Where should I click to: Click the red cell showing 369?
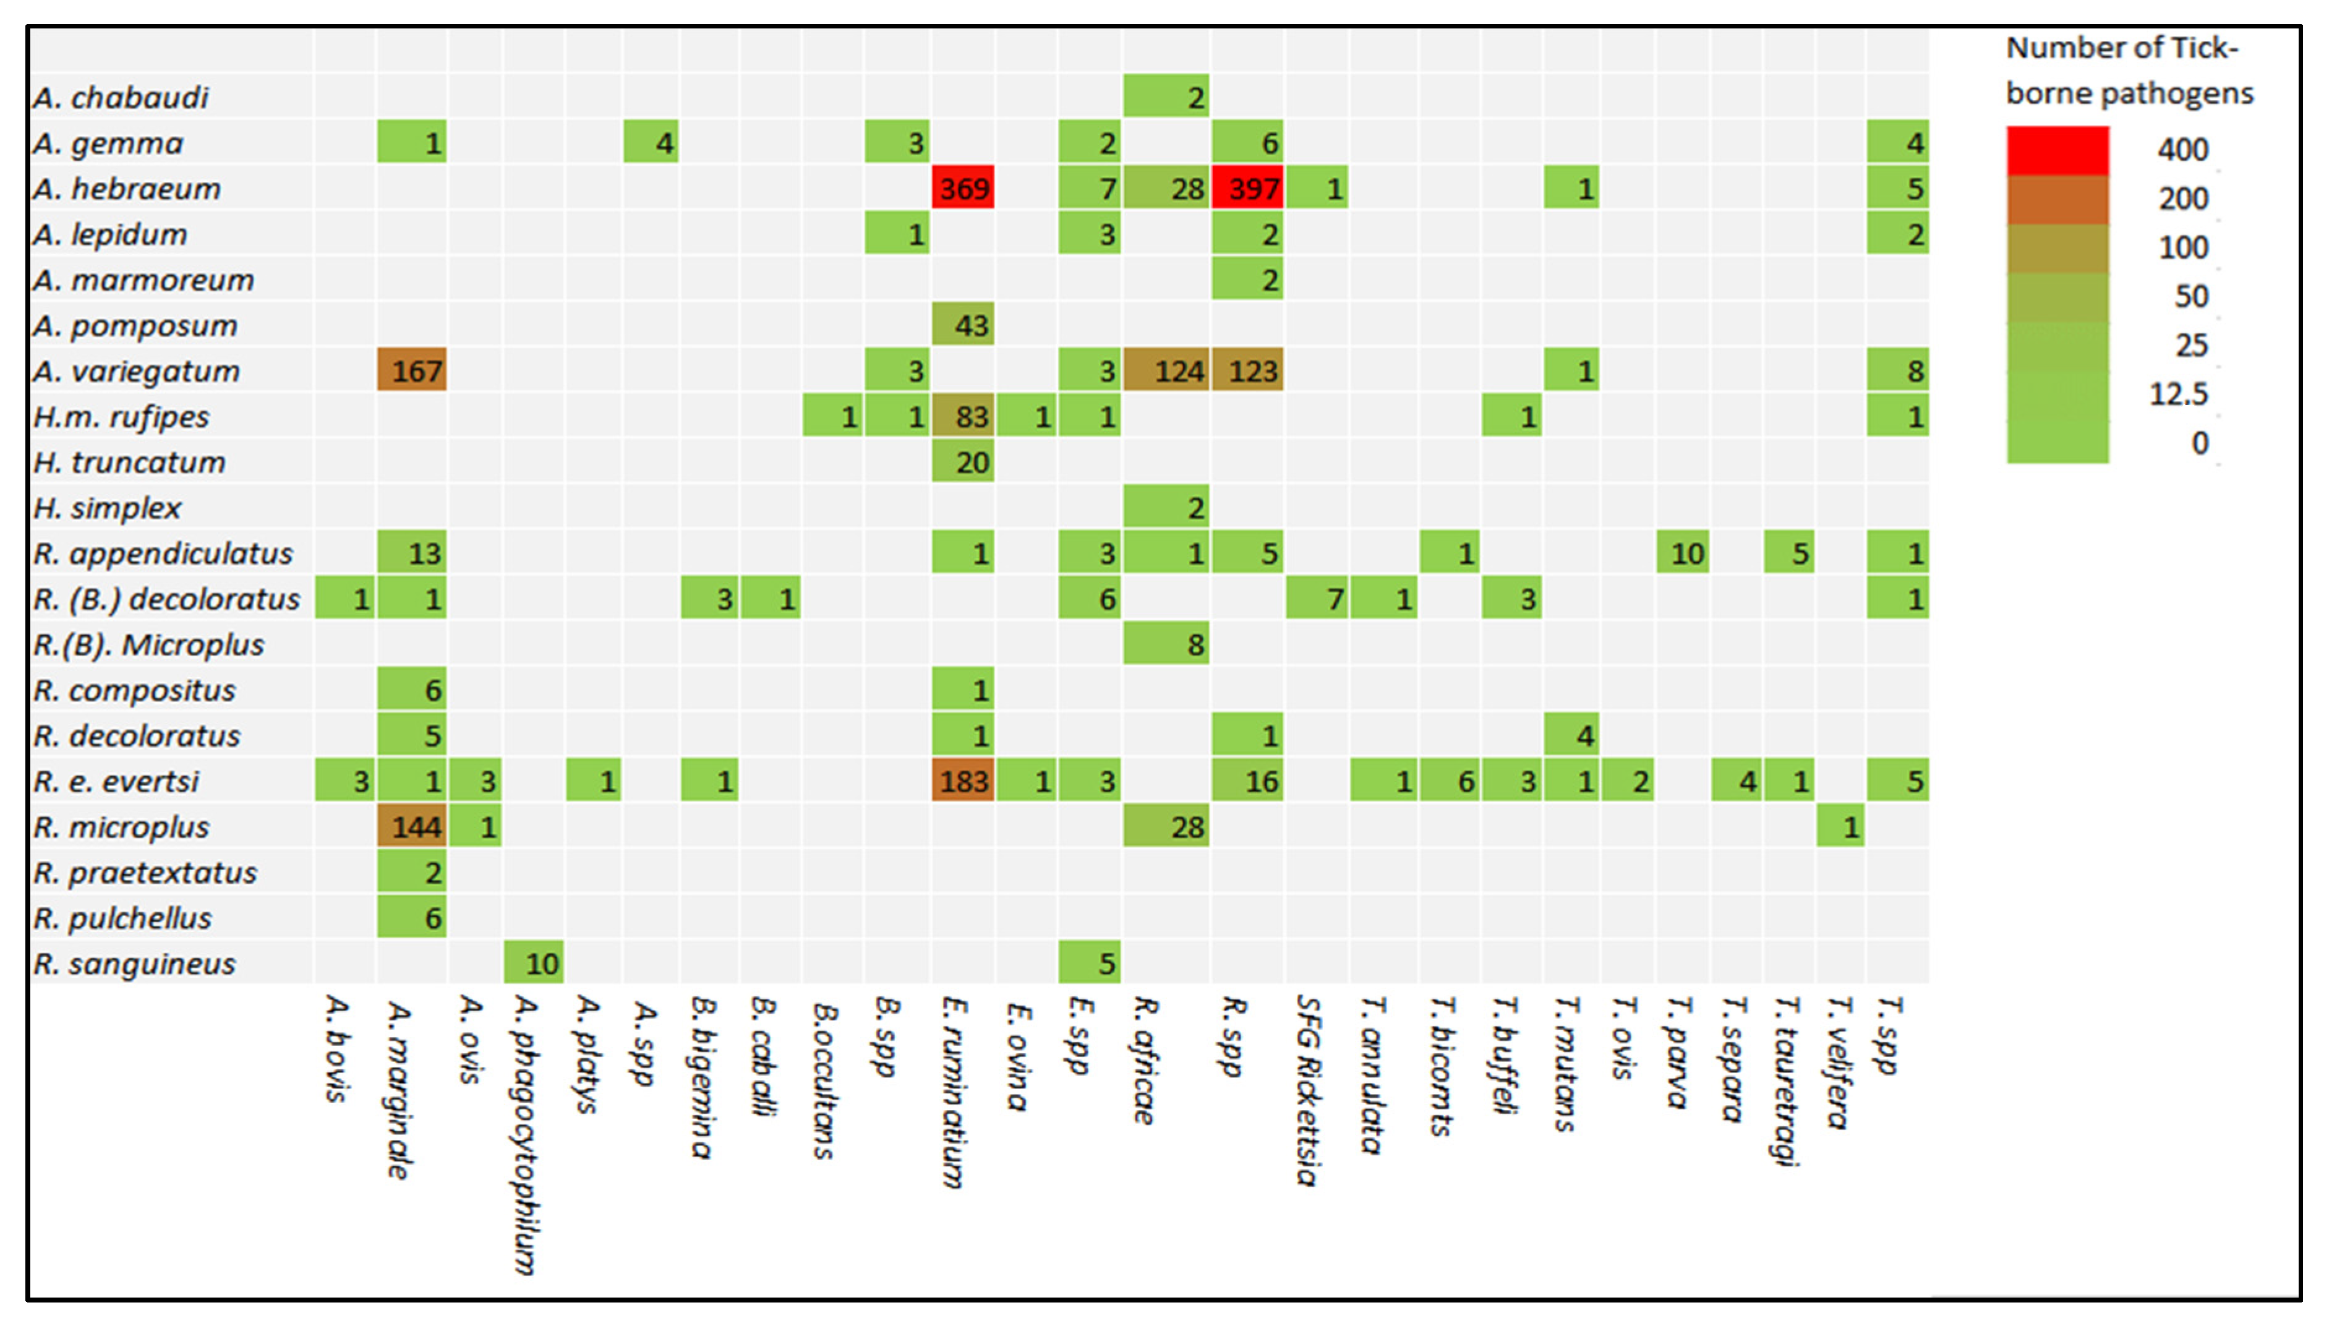(962, 189)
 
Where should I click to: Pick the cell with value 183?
(962, 781)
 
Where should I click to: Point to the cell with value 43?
(962, 325)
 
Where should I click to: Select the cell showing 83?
(962, 416)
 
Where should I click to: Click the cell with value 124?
(1166, 370)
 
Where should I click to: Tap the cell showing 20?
(962, 462)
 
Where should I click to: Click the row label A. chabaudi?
(121, 98)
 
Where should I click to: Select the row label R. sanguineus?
(135, 964)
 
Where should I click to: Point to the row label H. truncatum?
(129, 463)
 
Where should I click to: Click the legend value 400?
(2182, 149)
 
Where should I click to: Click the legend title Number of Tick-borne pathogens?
(2129, 70)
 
